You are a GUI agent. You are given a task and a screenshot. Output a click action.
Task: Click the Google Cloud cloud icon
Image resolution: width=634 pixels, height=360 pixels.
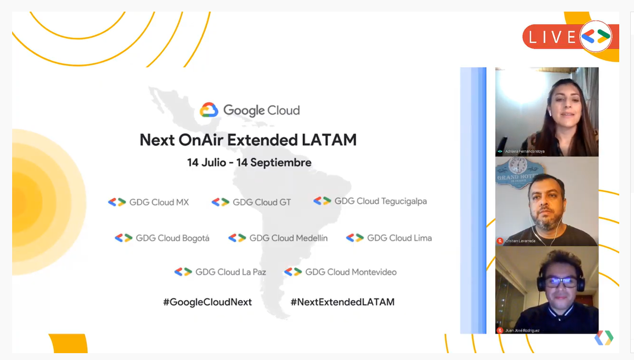[209, 110]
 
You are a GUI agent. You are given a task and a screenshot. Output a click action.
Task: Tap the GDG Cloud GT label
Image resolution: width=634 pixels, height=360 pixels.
[262, 202]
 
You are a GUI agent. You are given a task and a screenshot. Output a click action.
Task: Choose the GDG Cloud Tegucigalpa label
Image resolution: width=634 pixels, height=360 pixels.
[380, 201]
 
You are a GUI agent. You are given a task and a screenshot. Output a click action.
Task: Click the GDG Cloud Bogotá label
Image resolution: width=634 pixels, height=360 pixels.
[172, 238]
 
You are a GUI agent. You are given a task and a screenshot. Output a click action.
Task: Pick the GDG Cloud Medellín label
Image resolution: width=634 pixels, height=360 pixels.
[288, 238]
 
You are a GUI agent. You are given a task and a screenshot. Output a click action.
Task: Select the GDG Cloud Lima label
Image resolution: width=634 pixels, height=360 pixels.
[399, 238]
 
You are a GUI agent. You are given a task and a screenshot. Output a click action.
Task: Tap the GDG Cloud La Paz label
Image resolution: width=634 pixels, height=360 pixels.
[230, 272]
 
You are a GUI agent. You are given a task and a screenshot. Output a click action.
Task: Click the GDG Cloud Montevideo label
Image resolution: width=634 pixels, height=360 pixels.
[351, 272]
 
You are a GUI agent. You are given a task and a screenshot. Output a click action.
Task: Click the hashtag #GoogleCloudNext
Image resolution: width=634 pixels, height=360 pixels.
[207, 302]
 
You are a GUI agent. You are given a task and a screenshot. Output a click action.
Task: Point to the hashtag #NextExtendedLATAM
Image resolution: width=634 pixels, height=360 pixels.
[342, 302]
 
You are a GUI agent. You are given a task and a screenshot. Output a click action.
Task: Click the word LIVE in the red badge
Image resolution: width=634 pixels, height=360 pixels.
[552, 36]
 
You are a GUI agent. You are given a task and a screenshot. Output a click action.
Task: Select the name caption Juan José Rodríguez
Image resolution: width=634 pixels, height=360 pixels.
[521, 330]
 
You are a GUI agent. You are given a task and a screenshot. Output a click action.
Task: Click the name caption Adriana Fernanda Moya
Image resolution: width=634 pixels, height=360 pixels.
[525, 151]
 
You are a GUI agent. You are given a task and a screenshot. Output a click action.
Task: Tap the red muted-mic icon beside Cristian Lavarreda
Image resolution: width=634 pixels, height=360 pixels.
[499, 241]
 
